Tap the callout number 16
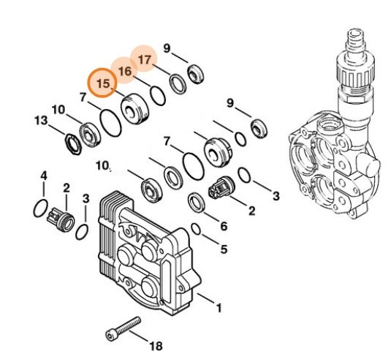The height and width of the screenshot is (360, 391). click(x=125, y=70)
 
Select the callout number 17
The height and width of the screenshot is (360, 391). click(x=144, y=58)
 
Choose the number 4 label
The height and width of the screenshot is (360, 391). click(x=43, y=176)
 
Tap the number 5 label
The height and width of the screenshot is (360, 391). click(x=224, y=249)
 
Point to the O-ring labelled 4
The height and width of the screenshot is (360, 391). click(x=41, y=209)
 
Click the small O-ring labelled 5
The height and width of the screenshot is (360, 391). click(x=197, y=230)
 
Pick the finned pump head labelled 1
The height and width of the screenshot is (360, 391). click(x=146, y=249)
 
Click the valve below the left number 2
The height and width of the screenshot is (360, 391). click(x=61, y=217)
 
